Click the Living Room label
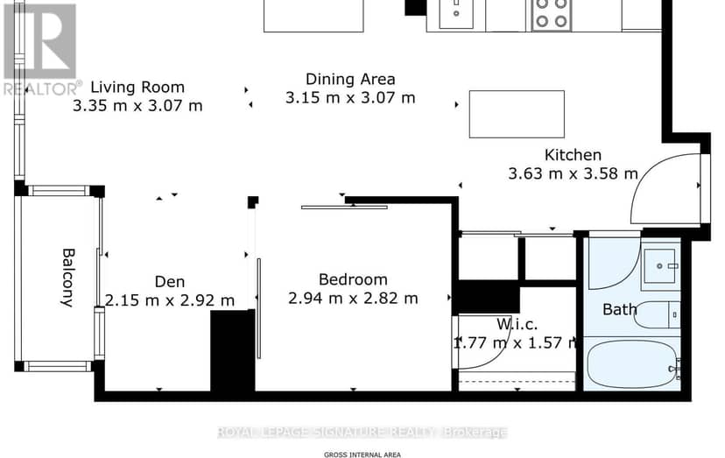137,87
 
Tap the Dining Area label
350,79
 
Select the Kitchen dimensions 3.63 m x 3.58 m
573,173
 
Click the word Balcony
68,278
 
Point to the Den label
170,281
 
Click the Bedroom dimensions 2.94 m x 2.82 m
353,298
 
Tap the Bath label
620,309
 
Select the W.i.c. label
517,324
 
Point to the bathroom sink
661,266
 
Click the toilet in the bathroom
657,315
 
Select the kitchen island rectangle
517,114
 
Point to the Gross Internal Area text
362,454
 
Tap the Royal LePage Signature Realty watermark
362,432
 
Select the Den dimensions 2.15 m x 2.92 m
170,300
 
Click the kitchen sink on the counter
456,14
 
